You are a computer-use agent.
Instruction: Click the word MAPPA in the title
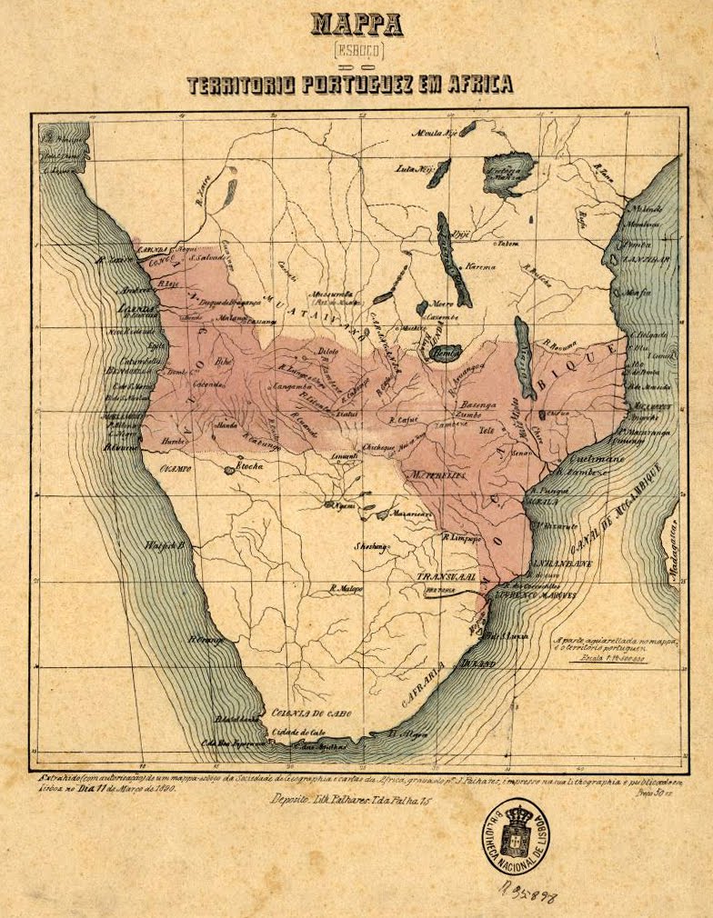click(356, 24)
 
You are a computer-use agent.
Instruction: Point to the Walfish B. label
click(166, 545)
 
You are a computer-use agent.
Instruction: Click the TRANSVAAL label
click(447, 576)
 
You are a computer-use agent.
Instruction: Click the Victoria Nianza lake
click(509, 173)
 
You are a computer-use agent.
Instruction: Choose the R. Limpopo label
click(462, 536)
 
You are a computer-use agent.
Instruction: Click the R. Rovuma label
click(563, 343)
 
